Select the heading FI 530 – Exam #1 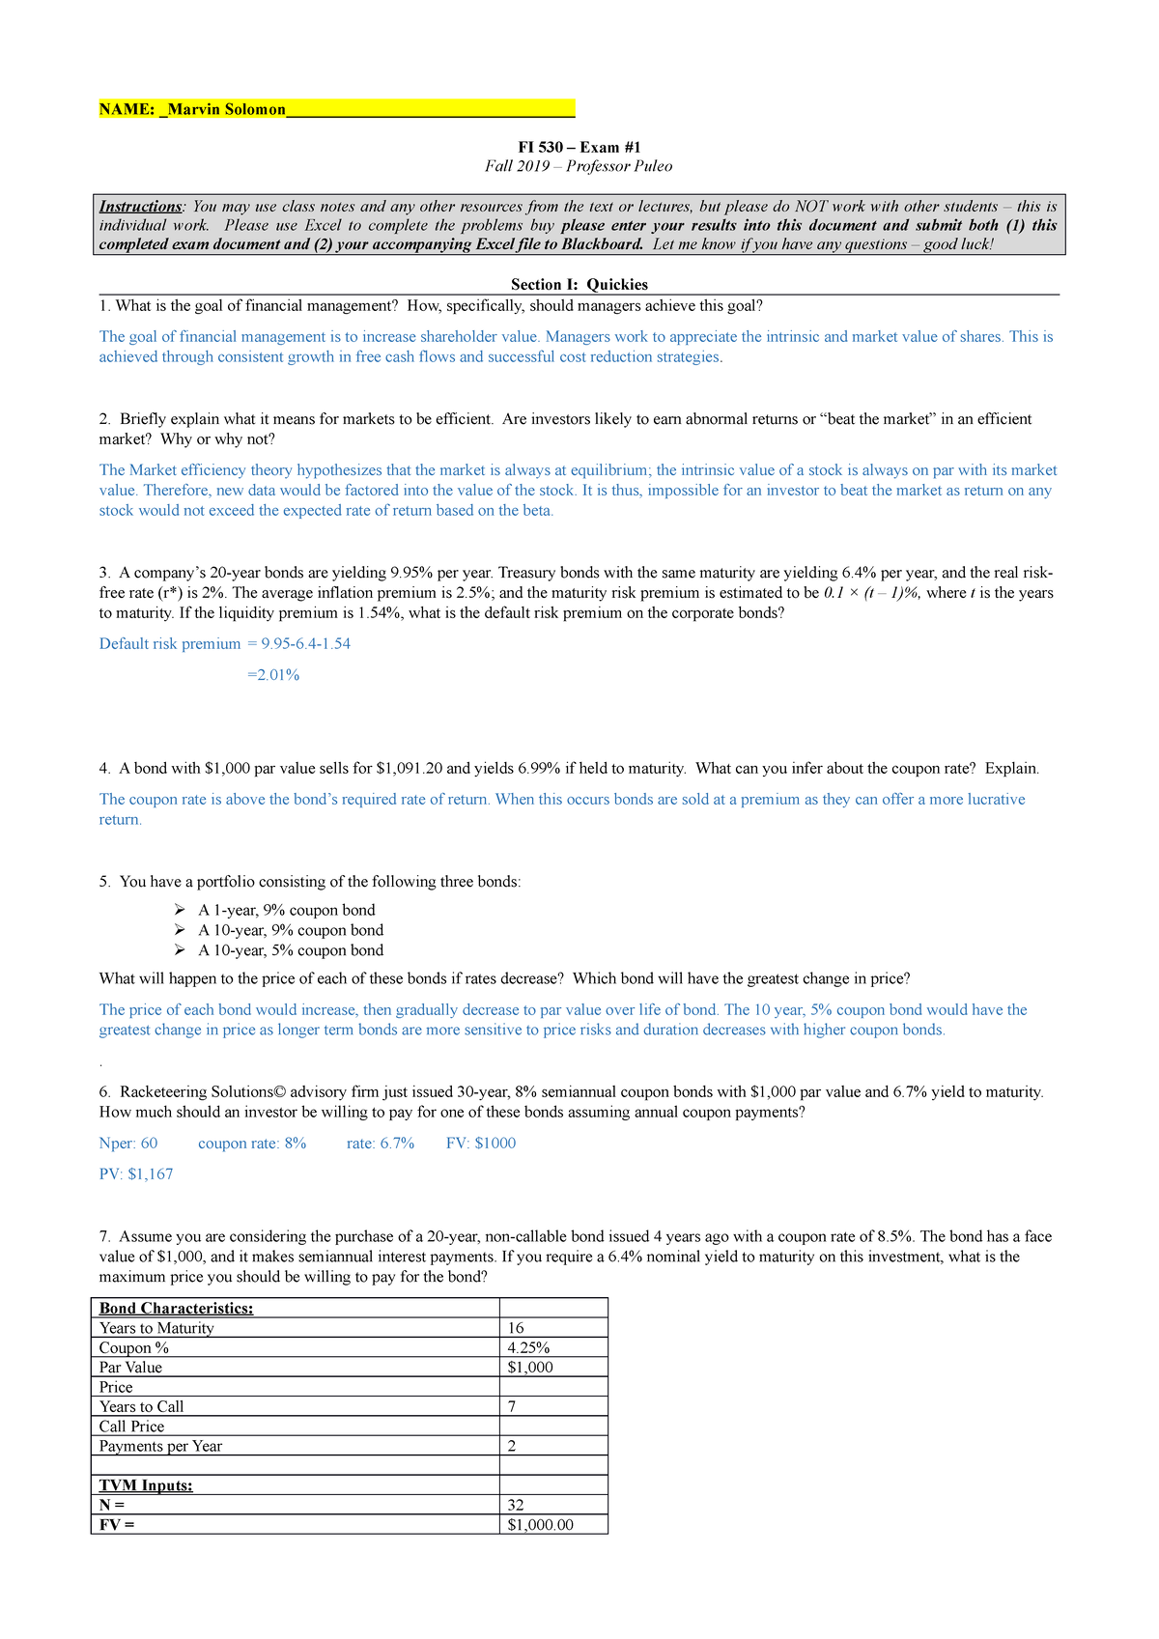tap(579, 147)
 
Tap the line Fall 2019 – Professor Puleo tap(579, 166)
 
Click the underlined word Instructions tap(140, 206)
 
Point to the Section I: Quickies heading tap(579, 284)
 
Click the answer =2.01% tap(273, 675)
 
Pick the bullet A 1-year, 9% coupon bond tap(286, 910)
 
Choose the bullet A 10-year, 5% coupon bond tap(290, 950)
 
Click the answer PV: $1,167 tap(136, 1174)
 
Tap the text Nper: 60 tap(128, 1144)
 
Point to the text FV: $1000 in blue tap(481, 1144)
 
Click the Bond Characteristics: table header tap(177, 1309)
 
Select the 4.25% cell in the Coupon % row tap(528, 1348)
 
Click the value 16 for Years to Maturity tap(516, 1329)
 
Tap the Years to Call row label tap(141, 1407)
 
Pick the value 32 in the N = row tap(516, 1506)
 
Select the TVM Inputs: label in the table tap(146, 1485)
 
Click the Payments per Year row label tap(160, 1447)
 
